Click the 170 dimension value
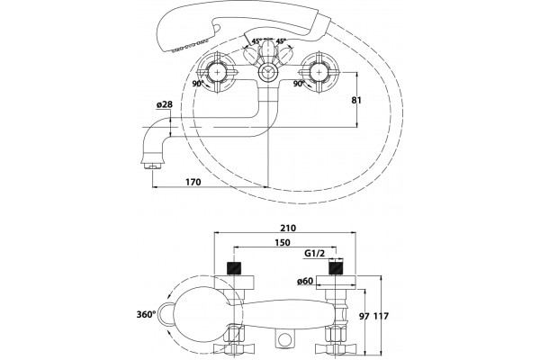(193, 182)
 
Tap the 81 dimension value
(356, 100)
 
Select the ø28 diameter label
(165, 104)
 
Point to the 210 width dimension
(288, 228)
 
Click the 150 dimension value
(282, 242)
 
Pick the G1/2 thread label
(315, 254)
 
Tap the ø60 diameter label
(305, 281)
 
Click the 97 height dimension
(365, 316)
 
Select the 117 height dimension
(382, 316)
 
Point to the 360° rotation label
(147, 314)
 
